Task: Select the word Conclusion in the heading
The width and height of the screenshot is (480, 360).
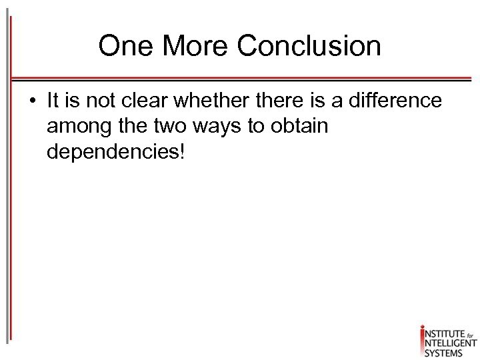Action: tap(309, 47)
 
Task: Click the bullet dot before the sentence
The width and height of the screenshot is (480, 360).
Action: tap(32, 101)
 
